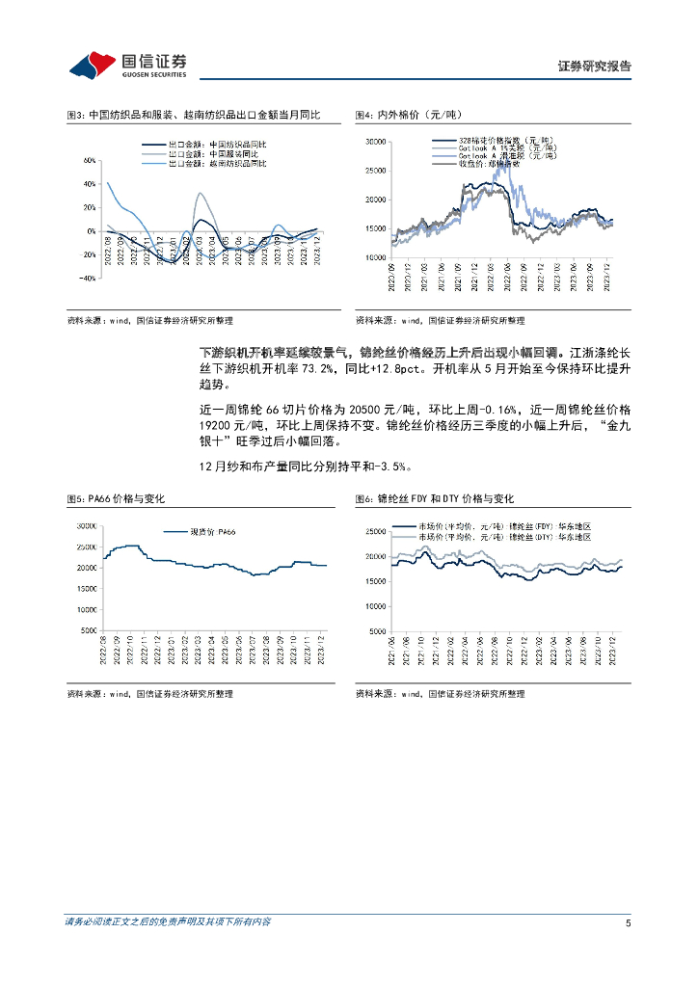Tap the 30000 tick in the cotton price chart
[x=375, y=142]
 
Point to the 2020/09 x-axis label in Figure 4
[x=393, y=275]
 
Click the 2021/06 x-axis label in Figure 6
[x=392, y=651]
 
